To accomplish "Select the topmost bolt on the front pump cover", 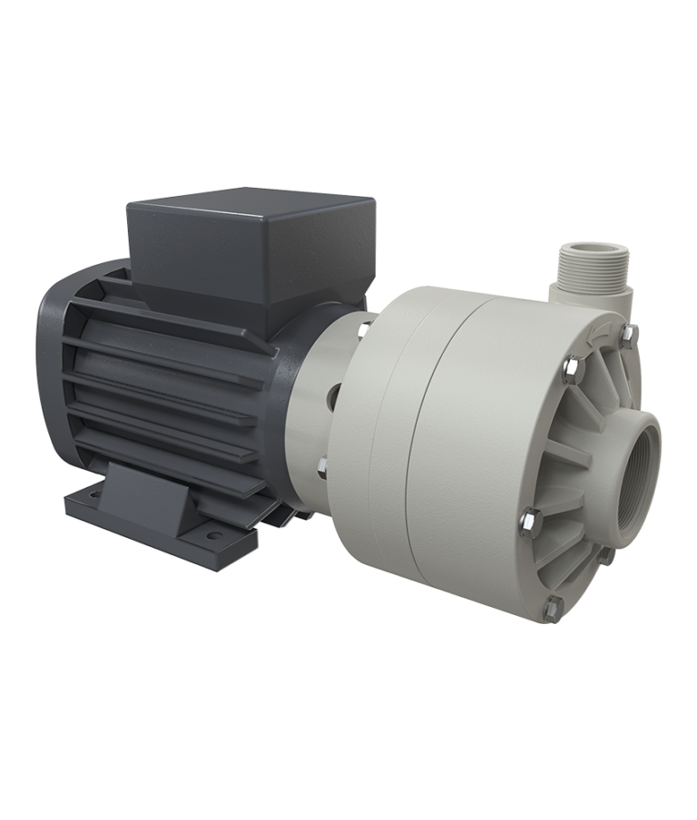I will click(628, 337).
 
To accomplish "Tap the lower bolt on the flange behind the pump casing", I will click(321, 468).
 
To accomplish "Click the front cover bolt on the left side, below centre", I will click(527, 521).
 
